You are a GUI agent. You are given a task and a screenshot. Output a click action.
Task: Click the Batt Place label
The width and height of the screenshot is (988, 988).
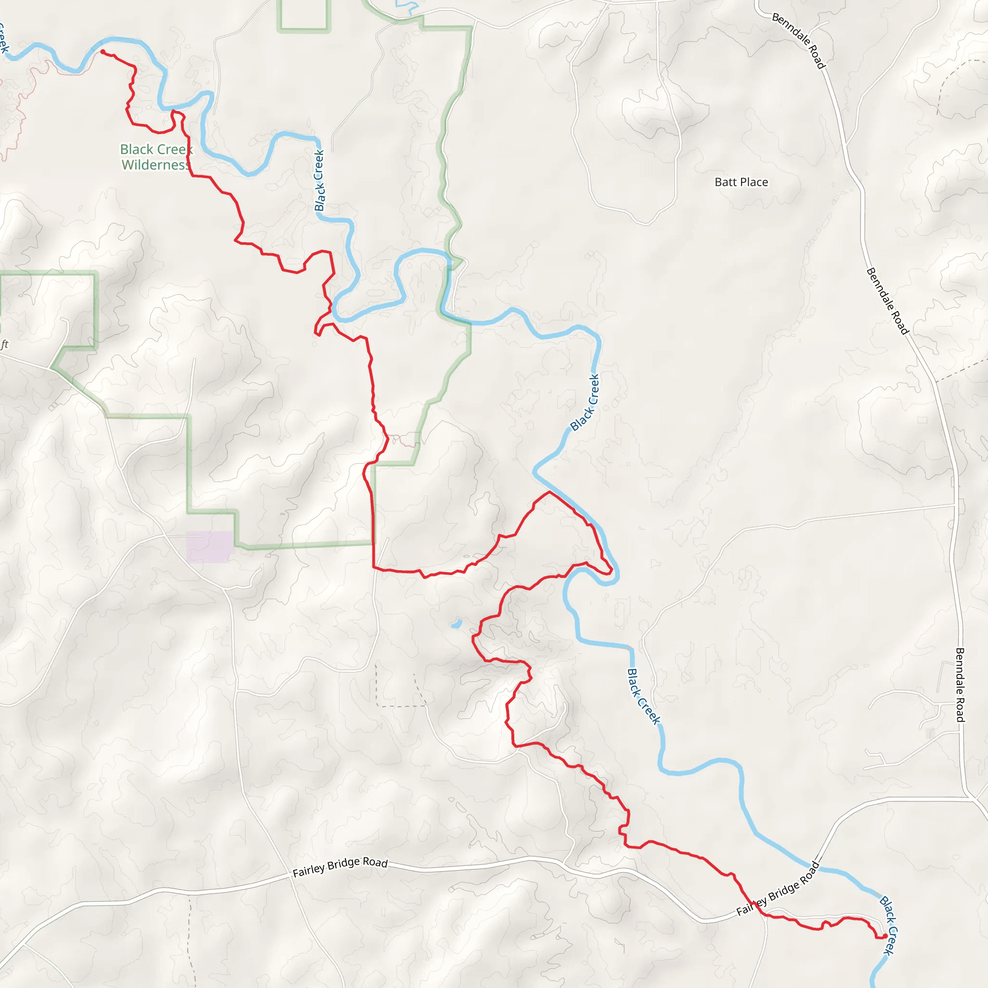coord(741,182)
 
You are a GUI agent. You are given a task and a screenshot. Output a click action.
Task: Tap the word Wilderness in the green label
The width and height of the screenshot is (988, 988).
coord(155,165)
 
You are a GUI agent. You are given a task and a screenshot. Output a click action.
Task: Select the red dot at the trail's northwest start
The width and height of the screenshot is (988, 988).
coord(103,52)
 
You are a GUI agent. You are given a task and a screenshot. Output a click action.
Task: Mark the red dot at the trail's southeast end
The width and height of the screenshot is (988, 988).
coord(885,936)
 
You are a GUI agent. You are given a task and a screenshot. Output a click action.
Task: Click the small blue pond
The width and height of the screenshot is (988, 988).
coord(456,624)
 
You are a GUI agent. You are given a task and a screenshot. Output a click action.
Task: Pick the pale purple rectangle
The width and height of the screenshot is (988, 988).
coord(210,547)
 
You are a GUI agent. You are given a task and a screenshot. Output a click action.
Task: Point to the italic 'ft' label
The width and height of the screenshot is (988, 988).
coord(5,344)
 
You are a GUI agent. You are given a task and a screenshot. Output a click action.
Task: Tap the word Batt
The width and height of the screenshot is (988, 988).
coord(725,182)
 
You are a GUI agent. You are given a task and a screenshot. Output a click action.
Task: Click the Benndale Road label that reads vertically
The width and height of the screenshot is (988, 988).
coord(960,685)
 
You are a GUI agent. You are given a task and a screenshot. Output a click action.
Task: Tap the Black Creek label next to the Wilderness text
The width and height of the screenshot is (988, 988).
coord(319,180)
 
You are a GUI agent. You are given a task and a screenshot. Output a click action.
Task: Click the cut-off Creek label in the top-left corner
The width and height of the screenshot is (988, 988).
coord(3,39)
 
